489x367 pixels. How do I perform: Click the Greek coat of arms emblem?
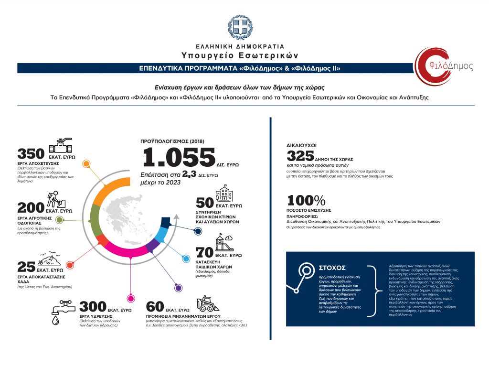click(243, 27)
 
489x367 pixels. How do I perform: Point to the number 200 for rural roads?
click(31, 207)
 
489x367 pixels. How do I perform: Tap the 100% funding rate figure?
click(306, 200)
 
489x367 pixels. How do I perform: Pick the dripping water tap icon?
click(62, 311)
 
